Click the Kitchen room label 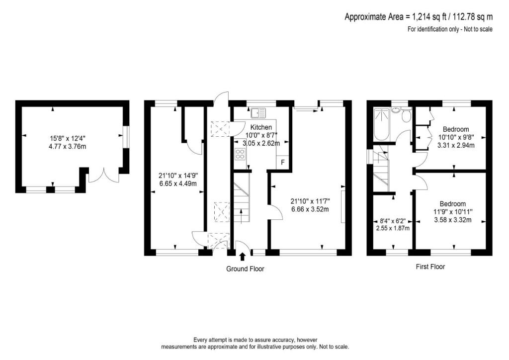coord(261,127)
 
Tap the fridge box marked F coord(283,162)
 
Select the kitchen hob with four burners coord(240,154)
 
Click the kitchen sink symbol coord(258,112)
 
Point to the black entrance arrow coord(243,257)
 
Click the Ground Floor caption coord(245,269)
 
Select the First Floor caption coord(430,267)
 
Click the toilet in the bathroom coord(406,116)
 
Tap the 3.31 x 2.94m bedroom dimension coord(455,146)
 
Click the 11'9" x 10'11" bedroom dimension coord(452,212)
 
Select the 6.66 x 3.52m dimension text coord(310,209)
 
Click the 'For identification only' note coord(450,29)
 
